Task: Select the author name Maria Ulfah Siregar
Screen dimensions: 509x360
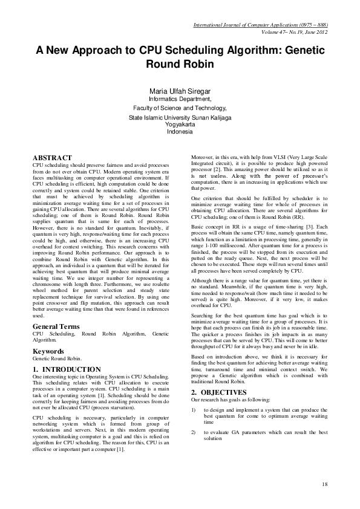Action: click(x=180, y=91)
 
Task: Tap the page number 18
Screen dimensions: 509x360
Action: click(x=325, y=484)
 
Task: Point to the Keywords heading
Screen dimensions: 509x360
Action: click(x=49, y=350)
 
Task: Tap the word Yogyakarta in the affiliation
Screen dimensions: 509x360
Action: click(x=180, y=125)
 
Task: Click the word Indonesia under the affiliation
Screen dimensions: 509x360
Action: click(x=180, y=132)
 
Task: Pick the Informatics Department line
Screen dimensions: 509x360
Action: click(x=180, y=99)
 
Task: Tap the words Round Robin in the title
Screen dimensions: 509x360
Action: click(x=180, y=63)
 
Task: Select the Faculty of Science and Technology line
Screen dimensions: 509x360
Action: click(x=180, y=108)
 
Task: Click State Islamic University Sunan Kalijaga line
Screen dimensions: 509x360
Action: click(x=180, y=117)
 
